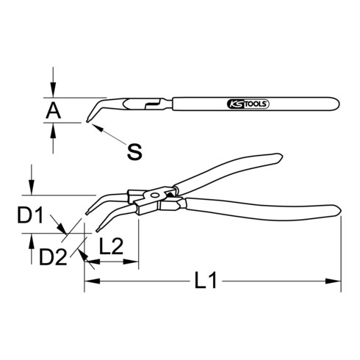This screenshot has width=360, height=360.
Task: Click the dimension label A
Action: tap(54, 110)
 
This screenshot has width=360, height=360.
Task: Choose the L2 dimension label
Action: tap(110, 248)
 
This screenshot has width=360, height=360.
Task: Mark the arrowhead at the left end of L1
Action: tap(89, 280)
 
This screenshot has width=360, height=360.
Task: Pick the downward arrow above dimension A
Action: tap(54, 92)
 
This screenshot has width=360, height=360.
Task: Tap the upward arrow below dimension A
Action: tap(54, 129)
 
